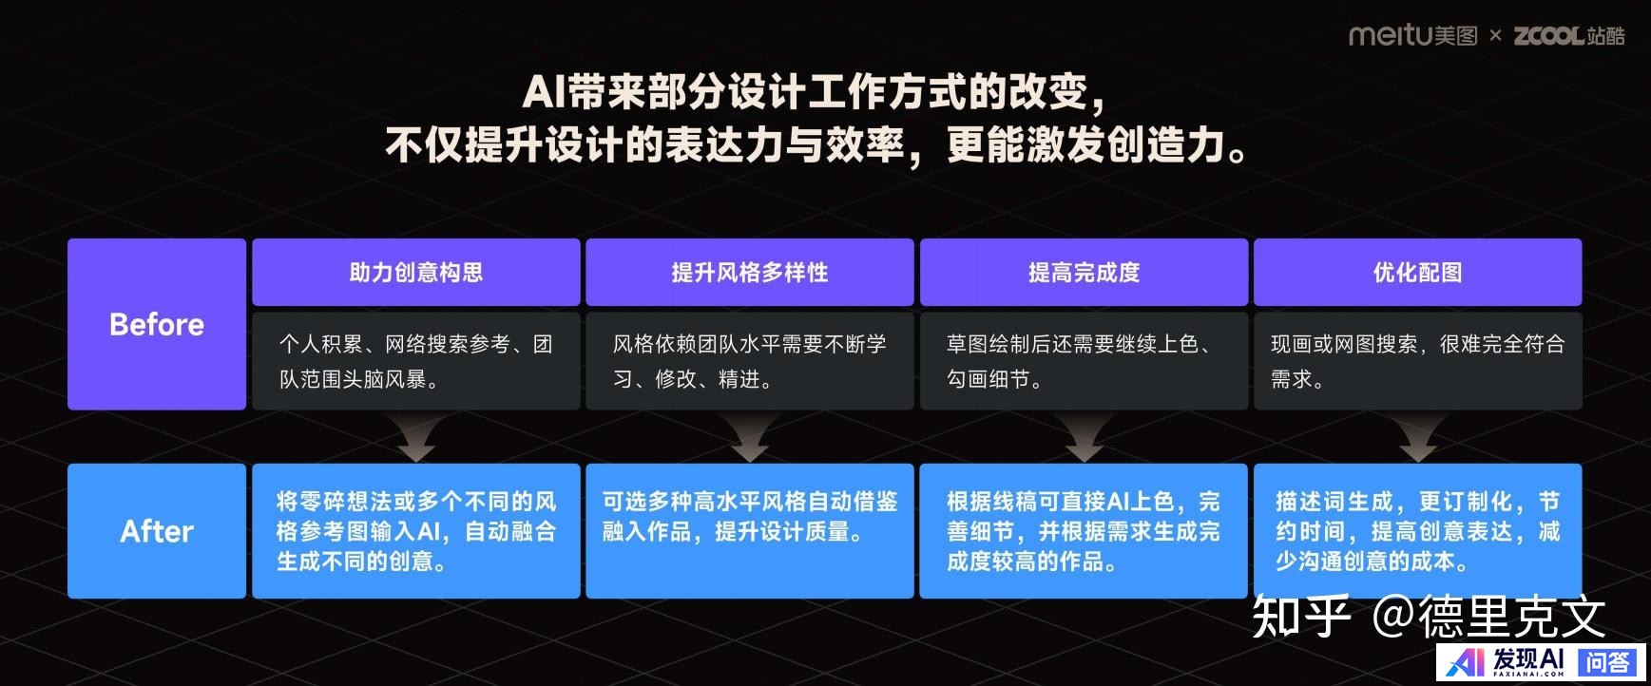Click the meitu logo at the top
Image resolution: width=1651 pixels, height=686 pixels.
(x=1412, y=36)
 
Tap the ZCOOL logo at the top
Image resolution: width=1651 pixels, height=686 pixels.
(x=1569, y=36)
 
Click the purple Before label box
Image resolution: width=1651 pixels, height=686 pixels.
(x=157, y=324)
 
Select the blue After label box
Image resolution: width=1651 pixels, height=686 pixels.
(x=157, y=530)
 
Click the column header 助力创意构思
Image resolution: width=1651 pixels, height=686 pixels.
(x=416, y=273)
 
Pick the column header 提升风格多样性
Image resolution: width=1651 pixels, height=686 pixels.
(x=750, y=273)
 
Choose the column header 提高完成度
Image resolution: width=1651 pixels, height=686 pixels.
(x=1084, y=273)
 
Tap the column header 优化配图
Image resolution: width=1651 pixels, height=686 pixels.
(x=1418, y=273)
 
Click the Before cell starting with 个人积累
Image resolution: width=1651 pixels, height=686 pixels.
(x=416, y=361)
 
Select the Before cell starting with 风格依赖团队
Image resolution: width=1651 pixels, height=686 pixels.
(x=750, y=361)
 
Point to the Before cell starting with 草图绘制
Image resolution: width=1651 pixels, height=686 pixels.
(x=1084, y=361)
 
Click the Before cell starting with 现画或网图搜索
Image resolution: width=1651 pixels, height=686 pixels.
(x=1418, y=361)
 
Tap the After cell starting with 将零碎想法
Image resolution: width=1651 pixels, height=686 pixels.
(x=416, y=530)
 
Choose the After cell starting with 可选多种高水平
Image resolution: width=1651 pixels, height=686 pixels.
(x=750, y=530)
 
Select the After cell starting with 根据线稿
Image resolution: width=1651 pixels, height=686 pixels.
(x=1084, y=530)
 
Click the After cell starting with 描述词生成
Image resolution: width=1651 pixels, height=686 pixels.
(x=1418, y=530)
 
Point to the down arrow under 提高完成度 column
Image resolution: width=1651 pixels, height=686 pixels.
(x=1084, y=438)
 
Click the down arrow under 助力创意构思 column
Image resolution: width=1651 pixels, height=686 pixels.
(x=416, y=438)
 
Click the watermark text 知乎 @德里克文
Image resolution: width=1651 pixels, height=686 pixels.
(x=1429, y=617)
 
